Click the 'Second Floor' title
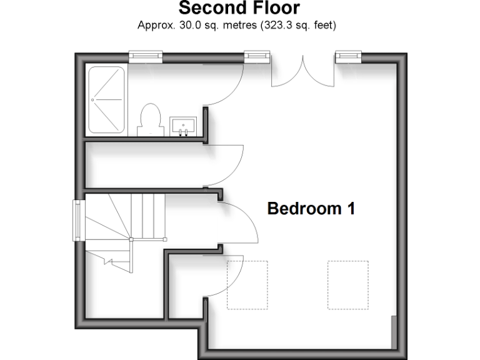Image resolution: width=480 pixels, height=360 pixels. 239,9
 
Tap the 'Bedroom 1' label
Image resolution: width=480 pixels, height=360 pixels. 311,209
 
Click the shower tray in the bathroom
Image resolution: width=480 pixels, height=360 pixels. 106,100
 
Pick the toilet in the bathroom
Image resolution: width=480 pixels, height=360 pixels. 149,120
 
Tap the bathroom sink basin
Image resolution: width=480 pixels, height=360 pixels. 183,126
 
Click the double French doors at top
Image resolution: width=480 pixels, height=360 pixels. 303,72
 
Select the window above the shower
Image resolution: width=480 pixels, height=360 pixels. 146,57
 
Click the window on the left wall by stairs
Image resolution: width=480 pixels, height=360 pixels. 77,220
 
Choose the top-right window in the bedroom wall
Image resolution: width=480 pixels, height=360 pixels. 349,57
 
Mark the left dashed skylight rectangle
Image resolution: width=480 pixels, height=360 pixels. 247,285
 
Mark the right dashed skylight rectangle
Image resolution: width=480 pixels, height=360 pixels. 348,285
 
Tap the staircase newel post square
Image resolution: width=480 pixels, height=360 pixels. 131,239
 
